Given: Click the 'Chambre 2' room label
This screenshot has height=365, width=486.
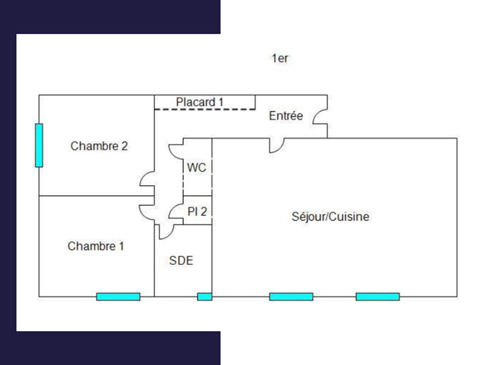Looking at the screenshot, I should coord(99,146).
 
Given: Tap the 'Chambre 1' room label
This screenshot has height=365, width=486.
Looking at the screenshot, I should coord(96,247).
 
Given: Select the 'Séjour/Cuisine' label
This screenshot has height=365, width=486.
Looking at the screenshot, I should coord(330,217).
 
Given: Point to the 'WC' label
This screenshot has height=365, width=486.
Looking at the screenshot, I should coord(196,168).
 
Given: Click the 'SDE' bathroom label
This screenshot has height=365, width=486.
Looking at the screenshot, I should coord(181,261).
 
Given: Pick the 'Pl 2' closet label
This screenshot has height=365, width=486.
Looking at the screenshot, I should coord(197,212).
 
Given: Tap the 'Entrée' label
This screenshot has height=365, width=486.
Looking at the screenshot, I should coord(286,116).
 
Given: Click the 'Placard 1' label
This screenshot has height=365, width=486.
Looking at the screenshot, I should coord(199,102).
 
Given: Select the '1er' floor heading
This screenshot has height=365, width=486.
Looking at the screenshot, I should coord(280,59).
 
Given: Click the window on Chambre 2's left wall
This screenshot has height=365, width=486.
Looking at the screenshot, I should coord(39,145).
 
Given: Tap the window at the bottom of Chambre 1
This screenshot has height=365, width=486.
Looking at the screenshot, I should coord(118,297).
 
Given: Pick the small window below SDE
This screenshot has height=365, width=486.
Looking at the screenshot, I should coord(204,297).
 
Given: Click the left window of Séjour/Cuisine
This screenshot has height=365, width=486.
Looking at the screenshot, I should coord(291,297).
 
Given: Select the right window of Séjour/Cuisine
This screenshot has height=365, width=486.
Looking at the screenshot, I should coord(377,297).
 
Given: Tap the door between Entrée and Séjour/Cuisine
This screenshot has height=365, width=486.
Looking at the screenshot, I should coord(277,145).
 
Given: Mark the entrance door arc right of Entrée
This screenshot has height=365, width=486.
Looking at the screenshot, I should coord(320,116).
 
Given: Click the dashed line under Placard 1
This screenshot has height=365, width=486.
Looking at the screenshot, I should coord(205,109).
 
